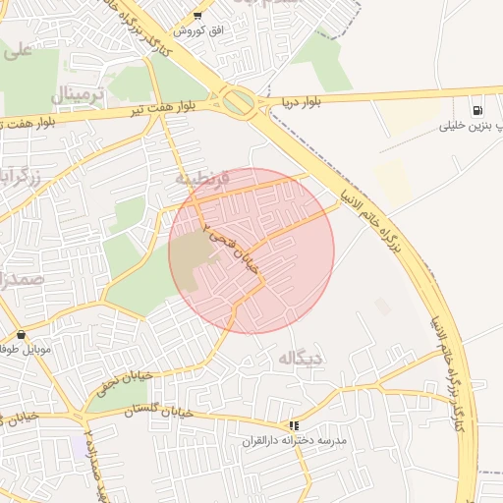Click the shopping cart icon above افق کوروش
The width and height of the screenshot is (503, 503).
click(x=197, y=16)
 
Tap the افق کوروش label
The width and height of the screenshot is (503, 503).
click(x=199, y=31)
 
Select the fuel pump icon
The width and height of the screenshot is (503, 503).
click(x=477, y=111)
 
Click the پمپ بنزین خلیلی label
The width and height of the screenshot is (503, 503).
click(x=465, y=126)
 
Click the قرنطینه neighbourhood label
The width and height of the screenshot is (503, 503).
click(x=202, y=179)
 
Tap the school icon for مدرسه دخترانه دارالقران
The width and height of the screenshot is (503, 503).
click(x=293, y=425)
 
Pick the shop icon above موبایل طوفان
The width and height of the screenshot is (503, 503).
click(x=21, y=335)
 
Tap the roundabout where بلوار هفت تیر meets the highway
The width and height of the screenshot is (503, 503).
click(x=237, y=100)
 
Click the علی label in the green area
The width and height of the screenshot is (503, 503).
click(x=17, y=51)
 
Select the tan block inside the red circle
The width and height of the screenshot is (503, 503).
click(x=196, y=251)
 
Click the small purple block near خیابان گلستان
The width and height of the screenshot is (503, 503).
click(x=79, y=448)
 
